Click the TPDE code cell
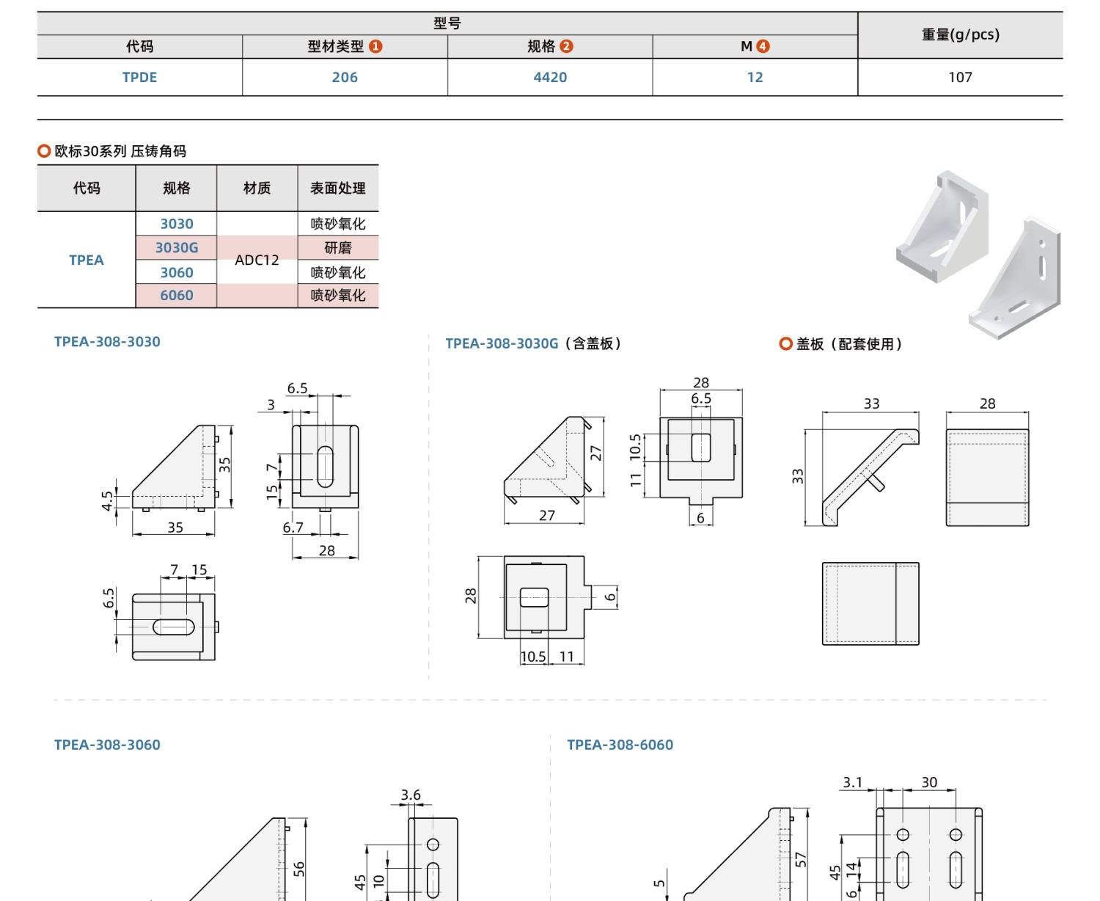[x=139, y=77]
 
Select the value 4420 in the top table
[x=550, y=77]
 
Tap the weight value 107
[x=960, y=77]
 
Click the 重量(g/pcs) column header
[x=960, y=34]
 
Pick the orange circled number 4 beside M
[x=763, y=46]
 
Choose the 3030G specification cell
[x=176, y=247]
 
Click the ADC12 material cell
[x=257, y=260]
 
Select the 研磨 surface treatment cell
[x=337, y=247]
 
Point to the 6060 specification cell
[x=176, y=296]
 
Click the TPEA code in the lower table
[x=86, y=260]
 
